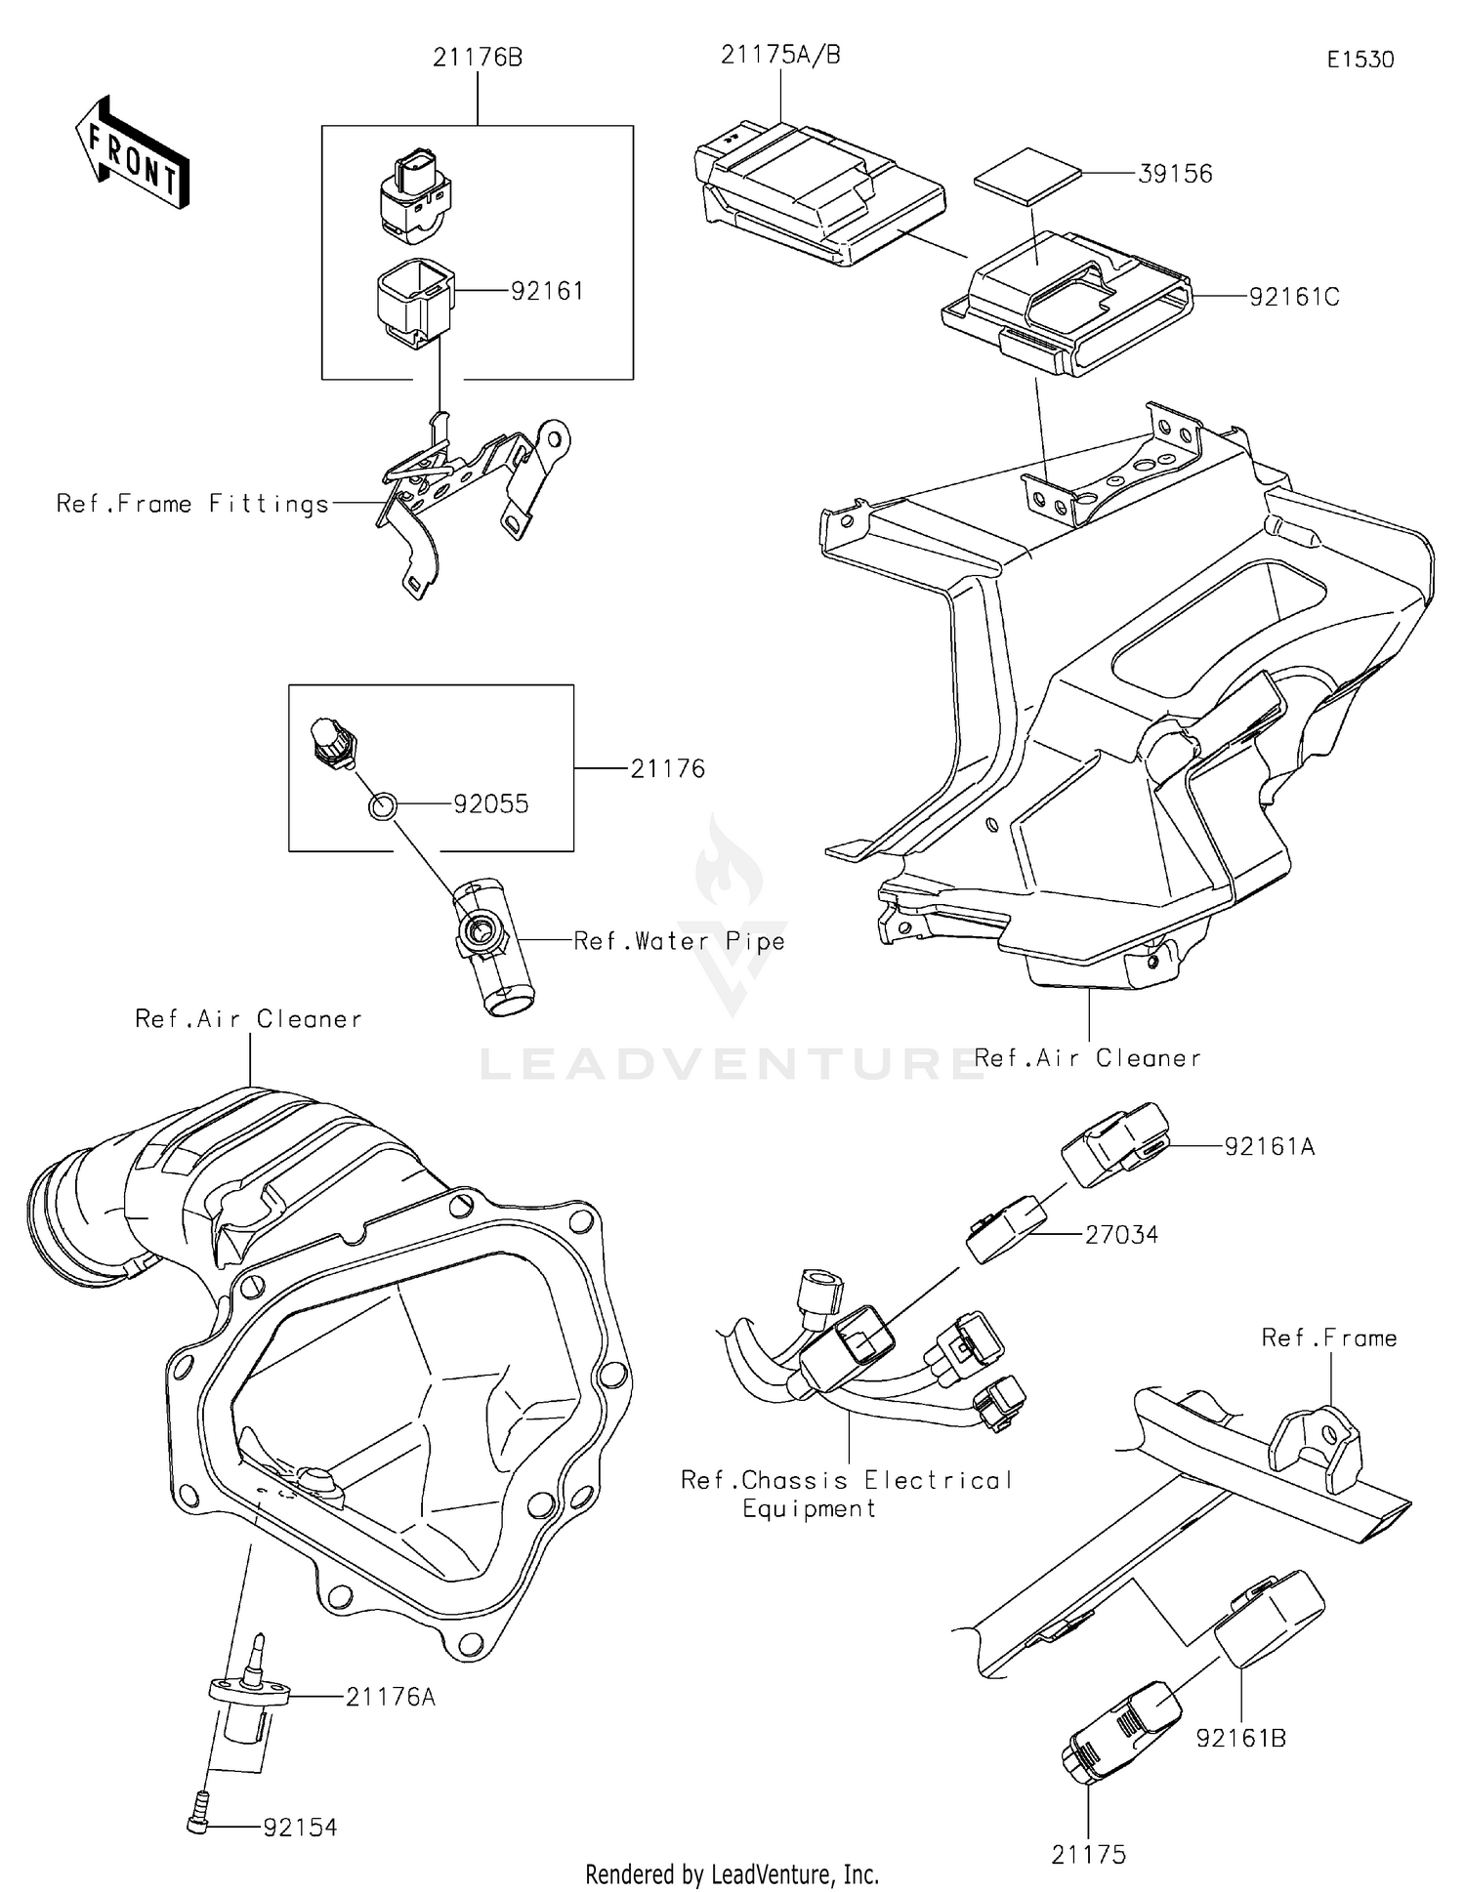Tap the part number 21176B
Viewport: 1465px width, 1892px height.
[478, 59]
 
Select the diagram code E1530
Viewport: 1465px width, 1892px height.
[1360, 60]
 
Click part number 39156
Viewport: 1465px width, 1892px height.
[1175, 174]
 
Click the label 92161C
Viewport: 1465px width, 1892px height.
[1294, 297]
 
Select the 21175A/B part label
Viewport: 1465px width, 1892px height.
[780, 56]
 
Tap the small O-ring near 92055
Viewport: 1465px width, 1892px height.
[383, 806]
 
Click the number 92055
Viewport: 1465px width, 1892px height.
[490, 804]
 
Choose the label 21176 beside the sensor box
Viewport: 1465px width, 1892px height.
[667, 769]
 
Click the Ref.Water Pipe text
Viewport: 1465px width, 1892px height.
[679, 941]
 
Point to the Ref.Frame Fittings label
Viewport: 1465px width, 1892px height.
[192, 504]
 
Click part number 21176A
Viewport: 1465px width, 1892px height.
[390, 1698]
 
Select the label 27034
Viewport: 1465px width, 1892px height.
[1121, 1235]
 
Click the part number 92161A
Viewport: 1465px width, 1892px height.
[1270, 1147]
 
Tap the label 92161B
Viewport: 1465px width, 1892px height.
[1240, 1739]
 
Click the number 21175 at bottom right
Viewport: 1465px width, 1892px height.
[1088, 1855]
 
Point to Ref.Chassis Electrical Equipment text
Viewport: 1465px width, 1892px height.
[846, 1494]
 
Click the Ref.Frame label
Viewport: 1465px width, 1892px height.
[1328, 1338]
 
